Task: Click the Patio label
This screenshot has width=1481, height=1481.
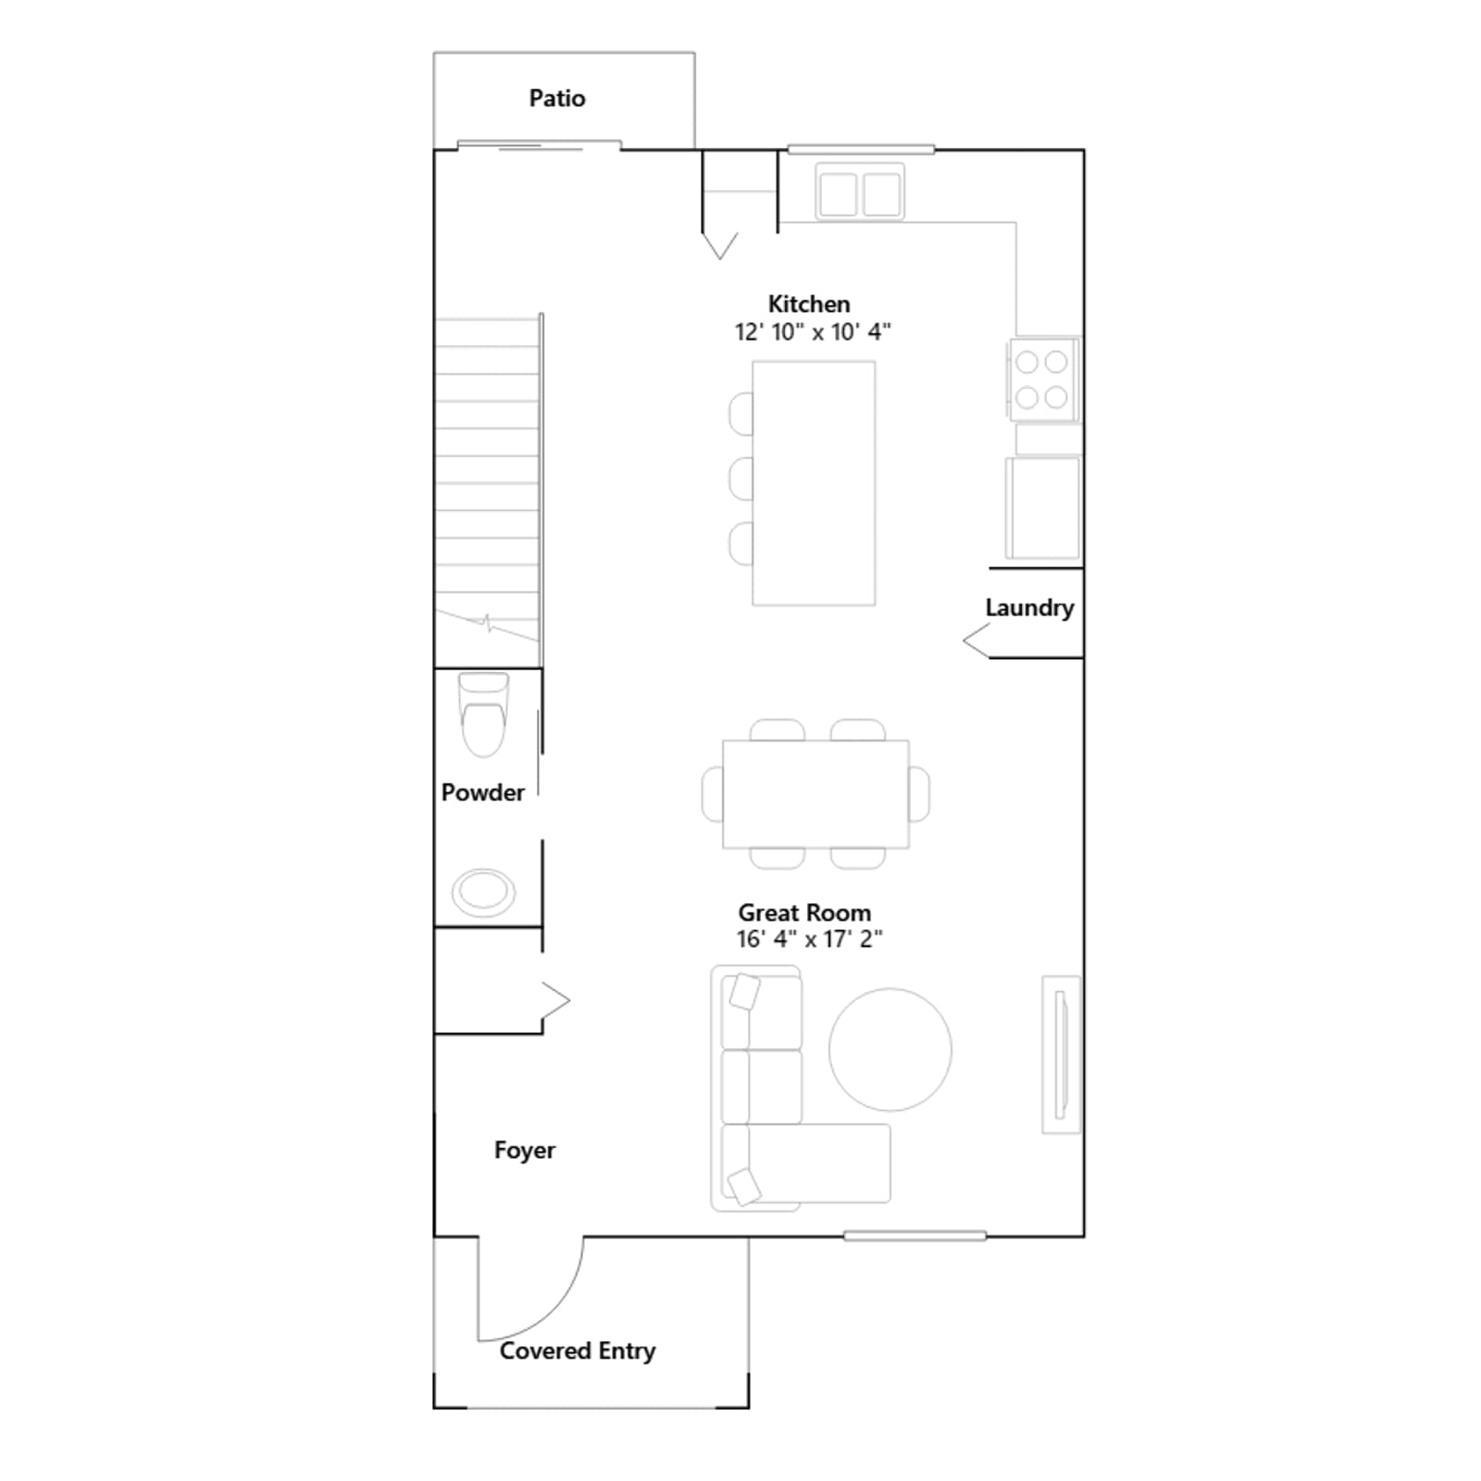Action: tap(556, 98)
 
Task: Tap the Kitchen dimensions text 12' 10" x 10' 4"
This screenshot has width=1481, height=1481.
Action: tap(813, 331)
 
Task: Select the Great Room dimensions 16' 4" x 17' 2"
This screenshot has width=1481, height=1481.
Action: tap(809, 939)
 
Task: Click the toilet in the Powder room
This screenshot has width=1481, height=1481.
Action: tap(484, 715)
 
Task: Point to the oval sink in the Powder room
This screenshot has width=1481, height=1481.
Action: tap(483, 892)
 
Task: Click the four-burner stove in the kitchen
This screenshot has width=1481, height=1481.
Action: tap(1043, 380)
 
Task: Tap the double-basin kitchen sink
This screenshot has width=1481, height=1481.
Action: tap(860, 193)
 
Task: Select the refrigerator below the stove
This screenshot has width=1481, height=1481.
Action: tap(1043, 508)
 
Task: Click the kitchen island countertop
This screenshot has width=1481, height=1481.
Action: tap(814, 483)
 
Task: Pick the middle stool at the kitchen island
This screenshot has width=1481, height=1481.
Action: tap(741, 479)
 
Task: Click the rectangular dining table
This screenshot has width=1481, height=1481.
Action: tap(815, 794)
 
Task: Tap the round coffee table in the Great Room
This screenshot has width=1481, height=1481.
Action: tap(890, 1050)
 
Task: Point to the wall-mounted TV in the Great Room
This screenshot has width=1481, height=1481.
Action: tap(1062, 1054)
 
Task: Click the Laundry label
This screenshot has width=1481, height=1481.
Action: tap(1029, 608)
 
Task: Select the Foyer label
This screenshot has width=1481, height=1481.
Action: tap(525, 1151)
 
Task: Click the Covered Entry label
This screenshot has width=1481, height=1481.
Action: tap(578, 1351)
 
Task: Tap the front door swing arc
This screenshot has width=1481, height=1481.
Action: tap(554, 1313)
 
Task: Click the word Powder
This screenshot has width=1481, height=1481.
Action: tap(483, 792)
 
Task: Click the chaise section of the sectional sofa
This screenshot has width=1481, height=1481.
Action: tap(806, 1164)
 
